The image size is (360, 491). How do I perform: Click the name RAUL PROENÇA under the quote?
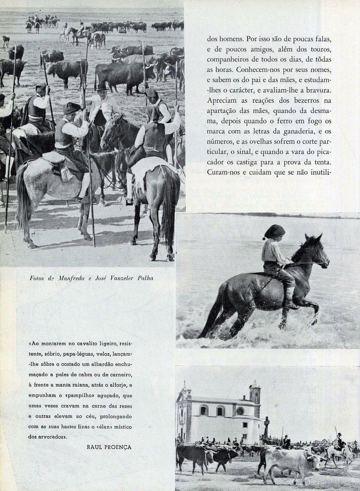[x=109, y=447]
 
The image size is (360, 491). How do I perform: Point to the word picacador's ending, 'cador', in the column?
[x=219, y=162]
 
